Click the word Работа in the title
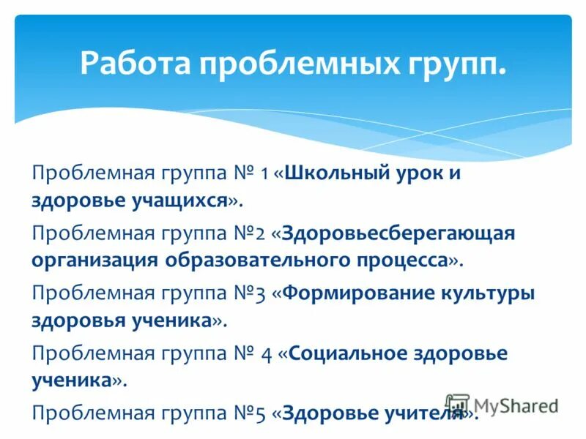coord(133,64)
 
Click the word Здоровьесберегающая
coord(399,233)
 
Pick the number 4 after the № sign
coord(267,354)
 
